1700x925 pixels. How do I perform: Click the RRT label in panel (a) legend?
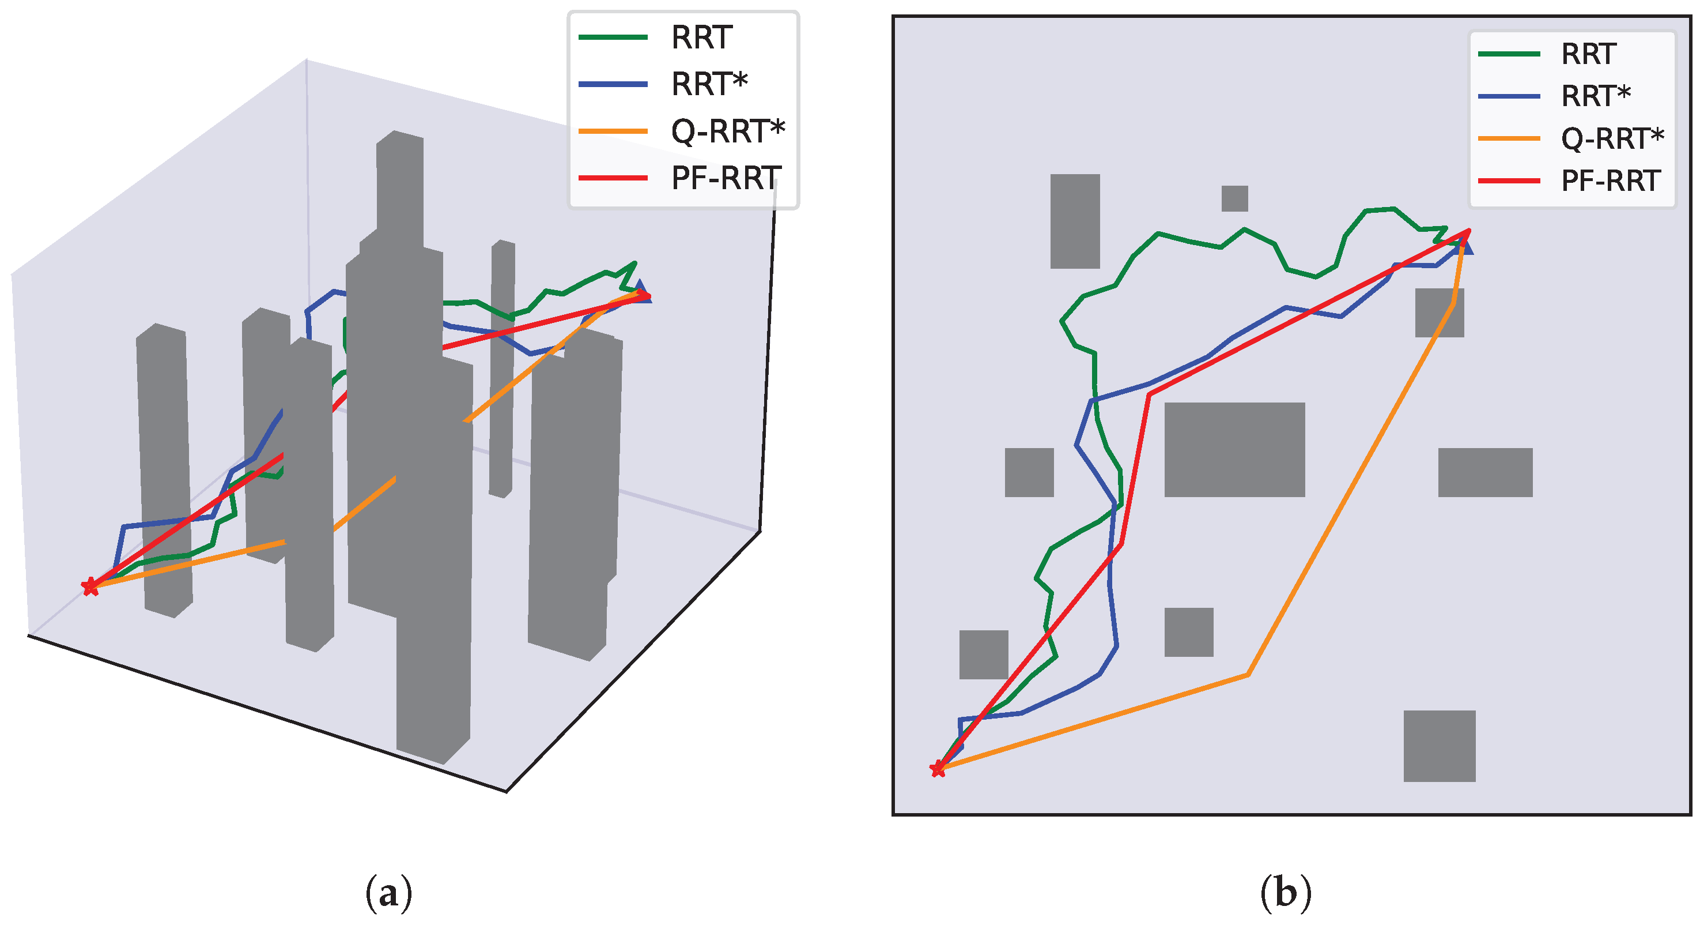click(701, 37)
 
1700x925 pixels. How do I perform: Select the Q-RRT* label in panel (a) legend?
click(728, 131)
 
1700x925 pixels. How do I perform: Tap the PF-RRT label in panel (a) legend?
click(727, 178)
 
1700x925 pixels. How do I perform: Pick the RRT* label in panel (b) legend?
click(1596, 96)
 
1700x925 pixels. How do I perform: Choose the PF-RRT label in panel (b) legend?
click(1611, 181)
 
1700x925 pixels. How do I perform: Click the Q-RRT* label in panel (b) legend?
click(1612, 138)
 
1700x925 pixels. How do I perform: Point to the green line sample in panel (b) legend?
click(1509, 54)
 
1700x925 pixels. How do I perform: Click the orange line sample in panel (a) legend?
click(613, 131)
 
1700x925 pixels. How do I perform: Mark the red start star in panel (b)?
click(937, 769)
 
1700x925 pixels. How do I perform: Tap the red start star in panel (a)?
click(90, 586)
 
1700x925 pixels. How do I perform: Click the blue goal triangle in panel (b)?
click(1463, 246)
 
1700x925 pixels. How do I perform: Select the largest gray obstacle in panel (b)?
click(1234, 449)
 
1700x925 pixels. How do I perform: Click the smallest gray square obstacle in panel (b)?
click(1234, 198)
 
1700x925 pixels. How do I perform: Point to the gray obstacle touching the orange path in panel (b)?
click(1440, 313)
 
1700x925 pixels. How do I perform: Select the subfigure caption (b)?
click(1285, 893)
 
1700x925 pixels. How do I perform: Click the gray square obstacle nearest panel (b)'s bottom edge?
click(1440, 746)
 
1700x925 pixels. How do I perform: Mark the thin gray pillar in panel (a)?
click(502, 369)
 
